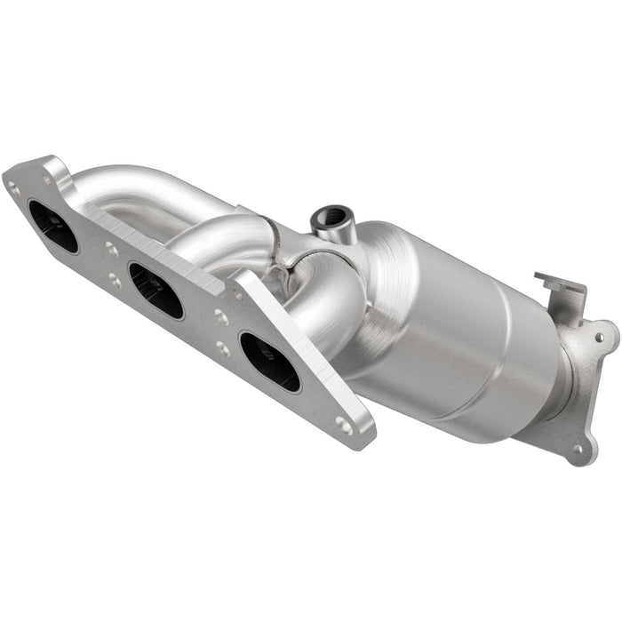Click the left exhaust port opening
pos(52,226)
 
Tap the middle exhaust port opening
pos(155,290)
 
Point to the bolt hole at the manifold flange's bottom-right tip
pos(343,426)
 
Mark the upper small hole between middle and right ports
pos(221,317)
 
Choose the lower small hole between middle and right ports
pos(222,348)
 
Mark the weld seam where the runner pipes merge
pos(286,258)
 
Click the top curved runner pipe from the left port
pos(151,187)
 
